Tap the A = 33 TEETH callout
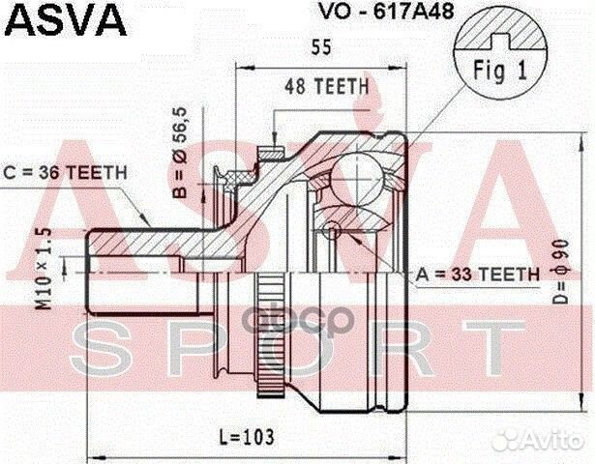point(477,275)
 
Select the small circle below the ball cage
point(332,229)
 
